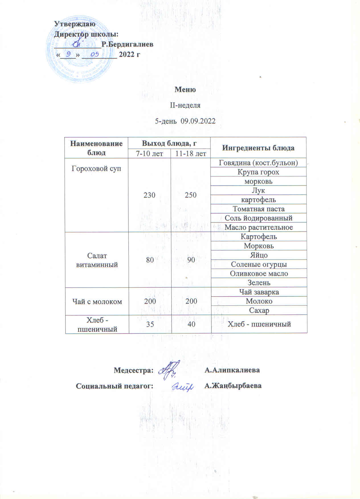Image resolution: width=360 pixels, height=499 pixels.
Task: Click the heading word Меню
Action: [185, 90]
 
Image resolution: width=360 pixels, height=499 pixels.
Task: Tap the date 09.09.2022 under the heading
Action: [198, 121]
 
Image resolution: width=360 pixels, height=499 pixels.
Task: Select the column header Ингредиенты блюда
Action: [258, 148]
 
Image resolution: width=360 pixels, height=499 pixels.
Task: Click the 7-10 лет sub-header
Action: [149, 154]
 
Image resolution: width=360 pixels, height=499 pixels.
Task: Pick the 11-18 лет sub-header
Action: [191, 154]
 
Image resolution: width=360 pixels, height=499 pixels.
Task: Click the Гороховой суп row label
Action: [96, 168]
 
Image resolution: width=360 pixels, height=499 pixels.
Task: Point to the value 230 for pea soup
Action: [149, 195]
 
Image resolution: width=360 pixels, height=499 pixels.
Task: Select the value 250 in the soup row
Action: [191, 195]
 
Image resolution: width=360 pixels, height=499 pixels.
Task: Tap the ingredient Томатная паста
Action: [258, 209]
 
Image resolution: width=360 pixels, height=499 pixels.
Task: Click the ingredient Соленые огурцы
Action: [259, 264]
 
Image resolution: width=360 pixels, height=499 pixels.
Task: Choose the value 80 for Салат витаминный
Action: [150, 260]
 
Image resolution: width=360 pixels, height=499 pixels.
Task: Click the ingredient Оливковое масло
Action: [259, 273]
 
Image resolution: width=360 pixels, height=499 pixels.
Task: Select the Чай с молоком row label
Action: [97, 301]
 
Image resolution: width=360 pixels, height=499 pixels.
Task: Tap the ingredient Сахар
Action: [259, 310]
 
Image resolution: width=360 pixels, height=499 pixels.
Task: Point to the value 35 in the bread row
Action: [150, 324]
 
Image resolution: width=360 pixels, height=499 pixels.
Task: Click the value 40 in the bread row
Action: [191, 324]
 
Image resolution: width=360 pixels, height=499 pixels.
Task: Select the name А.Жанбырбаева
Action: [233, 386]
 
